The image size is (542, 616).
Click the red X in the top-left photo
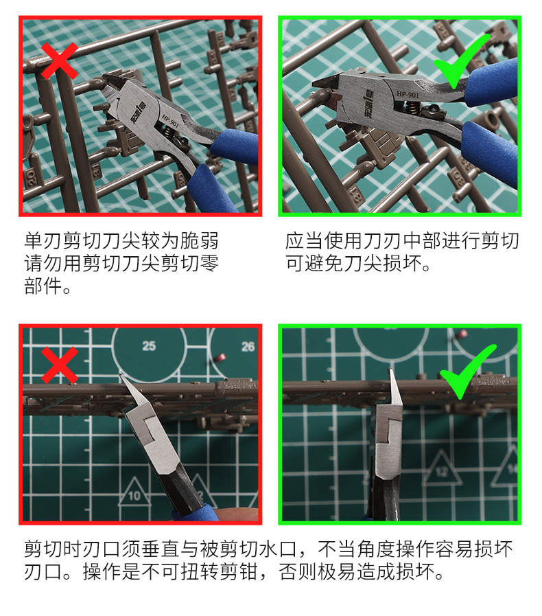point(59,61)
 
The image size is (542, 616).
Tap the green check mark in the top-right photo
point(462,61)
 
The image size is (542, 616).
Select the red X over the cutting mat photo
point(60,365)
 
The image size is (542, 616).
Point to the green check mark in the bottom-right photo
point(467,372)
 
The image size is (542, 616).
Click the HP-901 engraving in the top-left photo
point(171,121)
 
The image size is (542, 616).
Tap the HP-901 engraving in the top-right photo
point(408,95)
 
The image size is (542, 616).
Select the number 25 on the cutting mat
point(149,346)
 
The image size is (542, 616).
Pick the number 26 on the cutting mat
point(248,347)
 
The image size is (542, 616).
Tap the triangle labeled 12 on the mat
point(442,468)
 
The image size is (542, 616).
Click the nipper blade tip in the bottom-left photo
point(120,374)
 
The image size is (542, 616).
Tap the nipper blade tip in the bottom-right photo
point(390,369)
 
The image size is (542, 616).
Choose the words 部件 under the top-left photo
point(43,286)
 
